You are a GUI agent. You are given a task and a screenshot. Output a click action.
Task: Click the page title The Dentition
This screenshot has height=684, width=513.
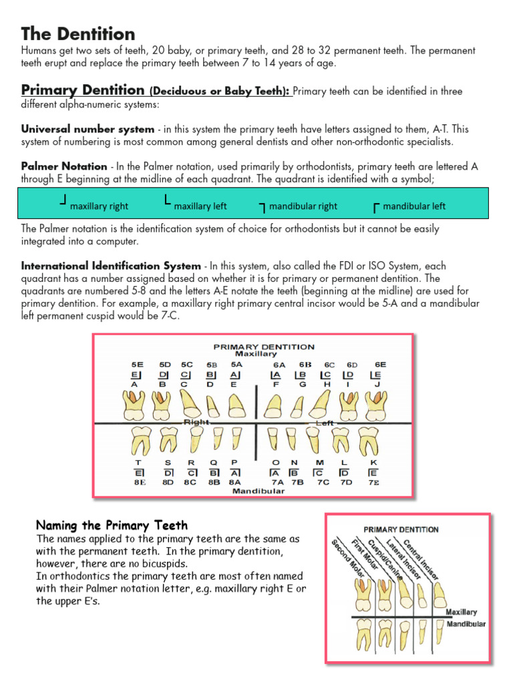tap(78, 34)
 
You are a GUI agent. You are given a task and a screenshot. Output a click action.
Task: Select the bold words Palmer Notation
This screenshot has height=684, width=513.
tap(64, 166)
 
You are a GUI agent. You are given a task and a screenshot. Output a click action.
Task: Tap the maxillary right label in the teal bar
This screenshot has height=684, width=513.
tap(99, 206)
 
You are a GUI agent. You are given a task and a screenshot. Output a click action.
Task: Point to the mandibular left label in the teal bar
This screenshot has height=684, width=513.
tap(414, 206)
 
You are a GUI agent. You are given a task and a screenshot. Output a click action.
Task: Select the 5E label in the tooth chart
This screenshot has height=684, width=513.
tap(137, 365)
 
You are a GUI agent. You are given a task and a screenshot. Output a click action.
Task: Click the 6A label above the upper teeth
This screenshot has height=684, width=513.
tap(279, 365)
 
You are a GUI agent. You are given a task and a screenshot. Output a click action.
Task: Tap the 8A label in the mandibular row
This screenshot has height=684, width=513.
tap(234, 482)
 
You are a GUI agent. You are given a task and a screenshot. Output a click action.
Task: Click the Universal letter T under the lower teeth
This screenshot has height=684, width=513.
tap(138, 462)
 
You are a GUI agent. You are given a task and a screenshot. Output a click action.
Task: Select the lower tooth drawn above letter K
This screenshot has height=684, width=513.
tap(370, 440)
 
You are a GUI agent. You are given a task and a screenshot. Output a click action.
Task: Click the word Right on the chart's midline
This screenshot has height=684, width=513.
tap(196, 422)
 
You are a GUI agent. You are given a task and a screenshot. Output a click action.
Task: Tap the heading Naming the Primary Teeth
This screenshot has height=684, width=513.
tap(112, 525)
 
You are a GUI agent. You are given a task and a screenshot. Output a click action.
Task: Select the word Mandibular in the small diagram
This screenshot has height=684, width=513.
tap(466, 625)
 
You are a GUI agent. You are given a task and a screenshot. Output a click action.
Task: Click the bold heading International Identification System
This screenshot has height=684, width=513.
tap(111, 266)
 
